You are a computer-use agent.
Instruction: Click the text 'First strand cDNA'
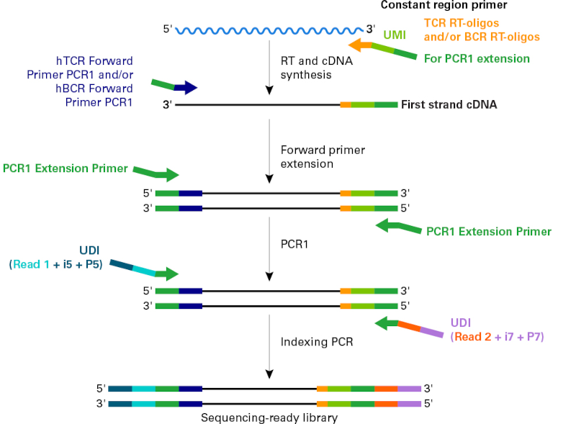click(449, 104)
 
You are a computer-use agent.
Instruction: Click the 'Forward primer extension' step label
click(323, 156)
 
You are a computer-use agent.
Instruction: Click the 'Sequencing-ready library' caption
click(269, 417)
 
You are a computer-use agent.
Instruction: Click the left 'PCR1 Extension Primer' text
click(65, 168)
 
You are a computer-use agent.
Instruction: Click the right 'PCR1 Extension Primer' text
click(489, 231)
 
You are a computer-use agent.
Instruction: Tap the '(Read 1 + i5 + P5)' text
click(55, 264)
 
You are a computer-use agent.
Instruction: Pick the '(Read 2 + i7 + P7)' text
click(497, 336)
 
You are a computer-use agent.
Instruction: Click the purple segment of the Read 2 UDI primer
click(432, 332)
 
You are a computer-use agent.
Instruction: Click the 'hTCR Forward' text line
click(94, 61)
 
